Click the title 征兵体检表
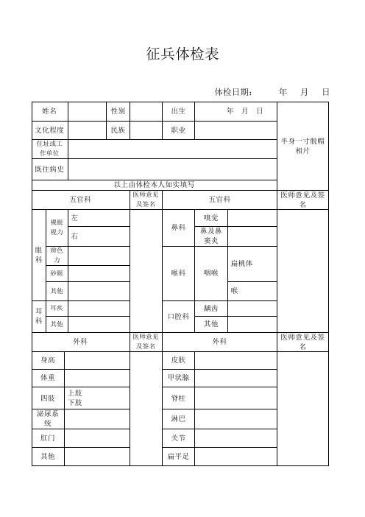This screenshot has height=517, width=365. tap(183, 55)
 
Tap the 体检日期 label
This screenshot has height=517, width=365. tap(233, 92)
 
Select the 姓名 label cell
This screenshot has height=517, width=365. tap(49, 110)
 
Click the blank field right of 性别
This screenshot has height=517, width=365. tap(146, 110)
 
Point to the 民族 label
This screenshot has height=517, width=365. tap(118, 130)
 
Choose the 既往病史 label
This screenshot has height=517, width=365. tap(49, 169)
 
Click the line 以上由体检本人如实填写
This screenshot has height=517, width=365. tap(154, 184)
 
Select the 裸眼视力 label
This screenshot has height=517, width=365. tap(57, 227)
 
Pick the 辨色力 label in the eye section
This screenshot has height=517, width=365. tap(57, 255)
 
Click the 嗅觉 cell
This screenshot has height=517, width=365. tap(211, 217)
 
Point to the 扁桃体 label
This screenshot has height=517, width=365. tap(243, 264)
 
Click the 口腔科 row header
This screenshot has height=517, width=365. tap(178, 316)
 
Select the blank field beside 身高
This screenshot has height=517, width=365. tap(96, 359)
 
